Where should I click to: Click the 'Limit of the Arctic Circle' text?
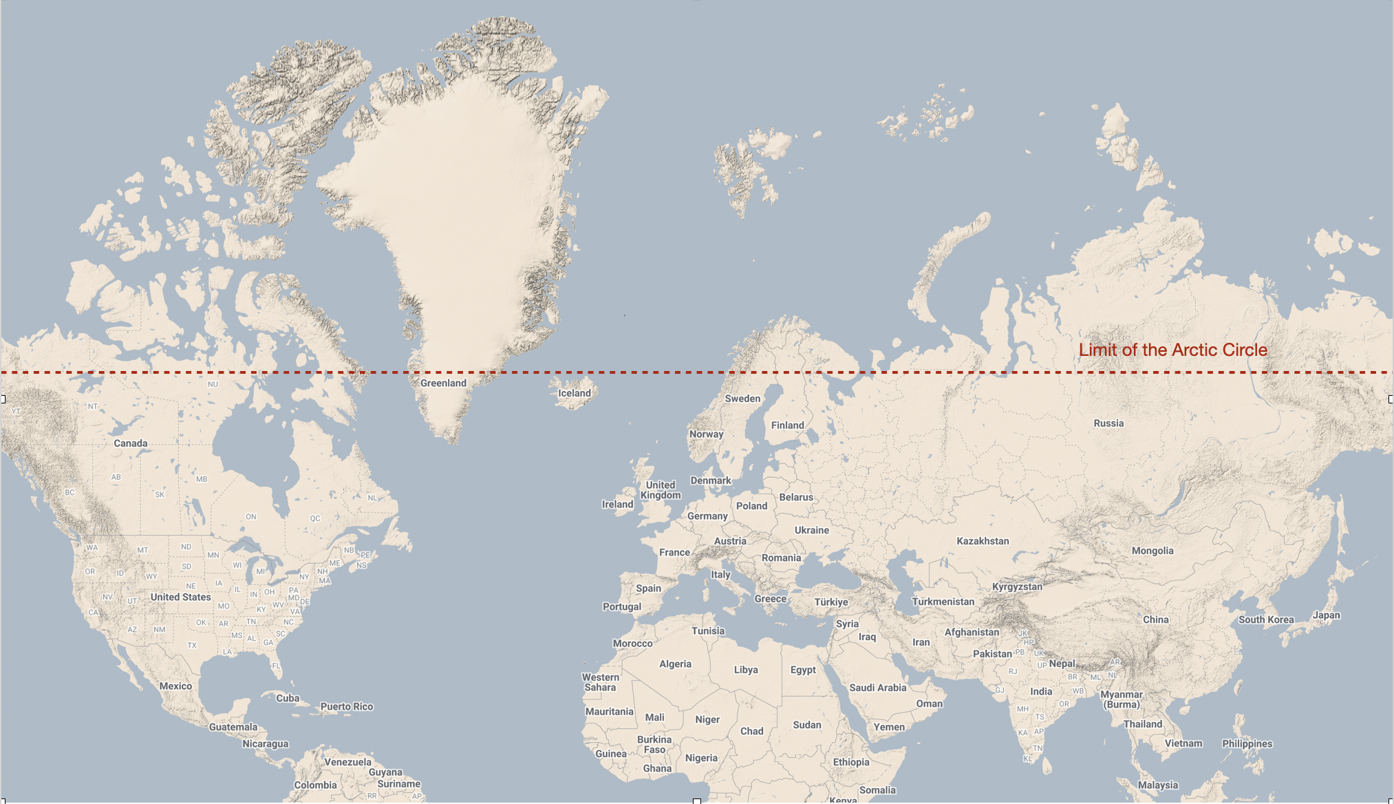coord(1172,350)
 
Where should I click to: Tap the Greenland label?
coord(443,383)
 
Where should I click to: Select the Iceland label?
coord(574,394)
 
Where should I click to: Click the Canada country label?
coord(131,443)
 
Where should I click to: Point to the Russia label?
coord(1108,423)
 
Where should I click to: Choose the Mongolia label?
coord(1152,551)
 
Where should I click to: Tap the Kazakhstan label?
coord(983,541)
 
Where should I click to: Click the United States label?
coord(180,597)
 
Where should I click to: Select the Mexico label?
coord(175,686)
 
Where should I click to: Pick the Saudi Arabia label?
coord(877,688)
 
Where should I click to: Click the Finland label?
coord(787,425)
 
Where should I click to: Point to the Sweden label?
coord(742,399)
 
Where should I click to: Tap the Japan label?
coord(1326,615)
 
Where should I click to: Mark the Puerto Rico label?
coord(347,707)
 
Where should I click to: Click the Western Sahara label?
coord(601,682)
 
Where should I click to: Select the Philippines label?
coord(1247,743)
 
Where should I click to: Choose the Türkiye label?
coord(831,602)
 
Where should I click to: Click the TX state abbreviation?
coord(192,646)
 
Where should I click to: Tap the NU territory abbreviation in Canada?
coord(213,384)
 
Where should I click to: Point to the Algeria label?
coord(675,664)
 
